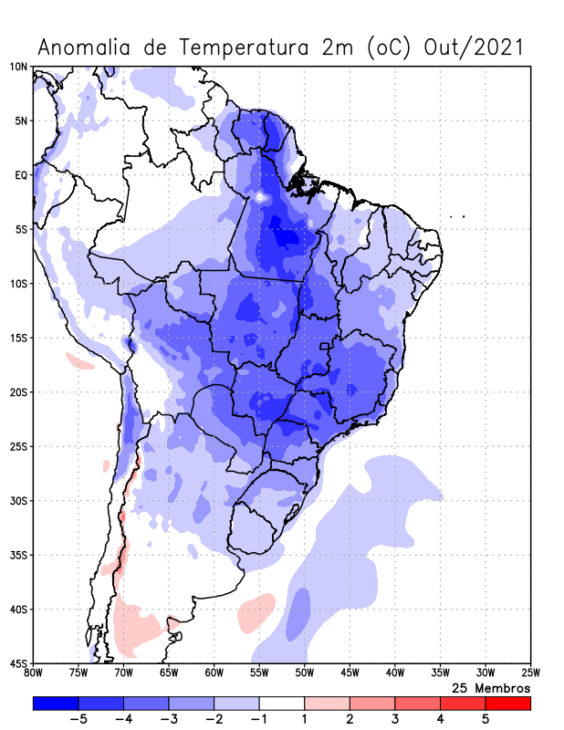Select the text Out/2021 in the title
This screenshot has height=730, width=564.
click(475, 47)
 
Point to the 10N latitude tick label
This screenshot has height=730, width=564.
click(17, 67)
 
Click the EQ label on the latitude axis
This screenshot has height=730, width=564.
click(20, 174)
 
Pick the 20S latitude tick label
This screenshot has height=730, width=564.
click(17, 392)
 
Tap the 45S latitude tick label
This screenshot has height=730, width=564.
click(17, 662)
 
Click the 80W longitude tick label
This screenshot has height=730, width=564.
click(33, 674)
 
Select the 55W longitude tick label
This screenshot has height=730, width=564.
click(259, 674)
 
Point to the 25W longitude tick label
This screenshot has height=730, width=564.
click(530, 674)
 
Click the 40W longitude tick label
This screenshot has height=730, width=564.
click(395, 674)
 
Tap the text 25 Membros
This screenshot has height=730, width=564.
click(491, 687)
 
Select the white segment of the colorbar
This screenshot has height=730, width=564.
click(282, 704)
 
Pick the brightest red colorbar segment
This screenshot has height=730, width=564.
click(508, 704)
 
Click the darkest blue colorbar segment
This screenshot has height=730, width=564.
click(56, 704)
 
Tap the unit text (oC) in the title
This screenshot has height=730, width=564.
click(391, 47)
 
